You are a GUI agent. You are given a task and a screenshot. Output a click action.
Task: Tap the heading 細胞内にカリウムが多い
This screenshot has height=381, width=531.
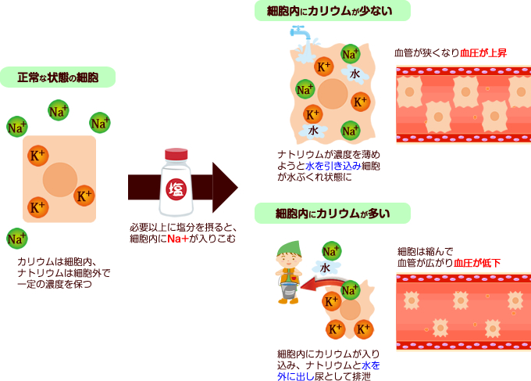(332, 212)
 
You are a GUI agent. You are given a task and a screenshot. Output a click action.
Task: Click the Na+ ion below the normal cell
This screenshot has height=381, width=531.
(16, 238)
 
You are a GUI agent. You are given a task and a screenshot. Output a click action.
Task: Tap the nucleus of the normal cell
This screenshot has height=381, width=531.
(59, 180)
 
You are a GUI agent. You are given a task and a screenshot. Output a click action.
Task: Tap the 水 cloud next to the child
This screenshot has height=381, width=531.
(325, 267)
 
